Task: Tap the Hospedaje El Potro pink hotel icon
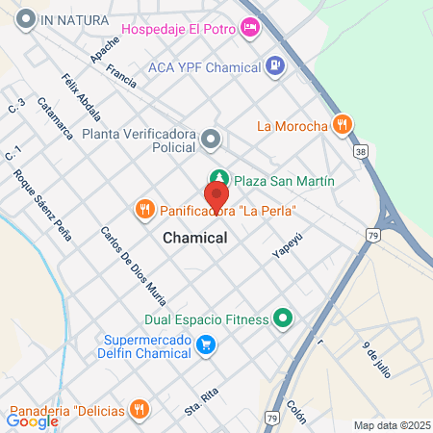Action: click(x=251, y=29)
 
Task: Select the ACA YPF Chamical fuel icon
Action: click(x=277, y=67)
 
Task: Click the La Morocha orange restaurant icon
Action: click(x=341, y=124)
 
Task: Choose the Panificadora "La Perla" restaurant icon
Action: click(x=144, y=209)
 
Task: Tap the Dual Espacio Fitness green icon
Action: click(x=283, y=318)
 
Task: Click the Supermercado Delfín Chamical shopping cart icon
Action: click(x=205, y=344)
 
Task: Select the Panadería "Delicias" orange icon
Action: click(x=140, y=410)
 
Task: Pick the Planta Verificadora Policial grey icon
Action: click(x=212, y=140)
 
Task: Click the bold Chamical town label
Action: click(x=195, y=237)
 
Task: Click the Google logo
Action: click(x=32, y=420)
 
